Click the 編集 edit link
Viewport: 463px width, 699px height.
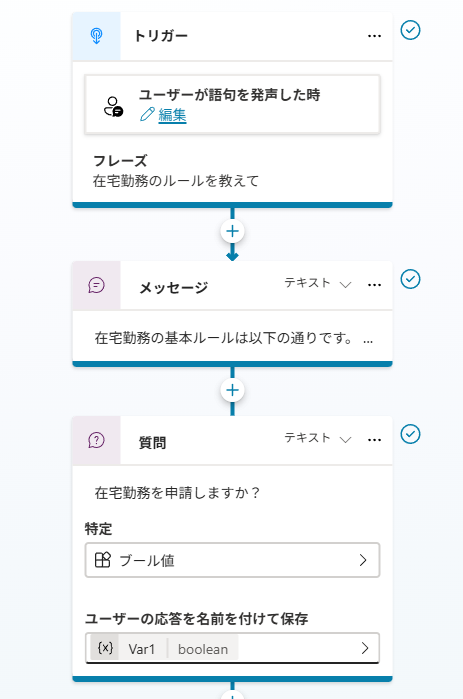click(172, 115)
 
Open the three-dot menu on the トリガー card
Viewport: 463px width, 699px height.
click(374, 36)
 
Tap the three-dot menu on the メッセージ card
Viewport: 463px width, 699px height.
click(374, 285)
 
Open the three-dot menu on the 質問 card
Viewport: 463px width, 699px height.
click(374, 440)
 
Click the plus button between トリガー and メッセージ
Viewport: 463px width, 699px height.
click(232, 231)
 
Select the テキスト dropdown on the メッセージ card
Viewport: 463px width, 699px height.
click(318, 283)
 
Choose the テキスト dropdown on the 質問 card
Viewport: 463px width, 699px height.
click(318, 438)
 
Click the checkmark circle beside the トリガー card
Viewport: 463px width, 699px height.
click(410, 30)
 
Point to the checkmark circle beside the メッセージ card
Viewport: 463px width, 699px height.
click(410, 279)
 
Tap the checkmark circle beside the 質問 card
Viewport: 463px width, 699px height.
click(410, 434)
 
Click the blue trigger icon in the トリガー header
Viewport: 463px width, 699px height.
click(96, 36)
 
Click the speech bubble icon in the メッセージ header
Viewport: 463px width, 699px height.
click(96, 285)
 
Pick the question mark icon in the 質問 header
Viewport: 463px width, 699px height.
click(96, 440)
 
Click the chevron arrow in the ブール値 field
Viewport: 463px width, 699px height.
click(363, 560)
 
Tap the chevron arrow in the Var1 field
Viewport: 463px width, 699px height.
click(365, 648)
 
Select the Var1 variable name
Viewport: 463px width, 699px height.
click(141, 649)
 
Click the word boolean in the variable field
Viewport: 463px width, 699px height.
click(203, 649)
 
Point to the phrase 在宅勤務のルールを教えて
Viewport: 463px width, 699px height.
click(176, 181)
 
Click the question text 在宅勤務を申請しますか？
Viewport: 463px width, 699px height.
click(177, 493)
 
